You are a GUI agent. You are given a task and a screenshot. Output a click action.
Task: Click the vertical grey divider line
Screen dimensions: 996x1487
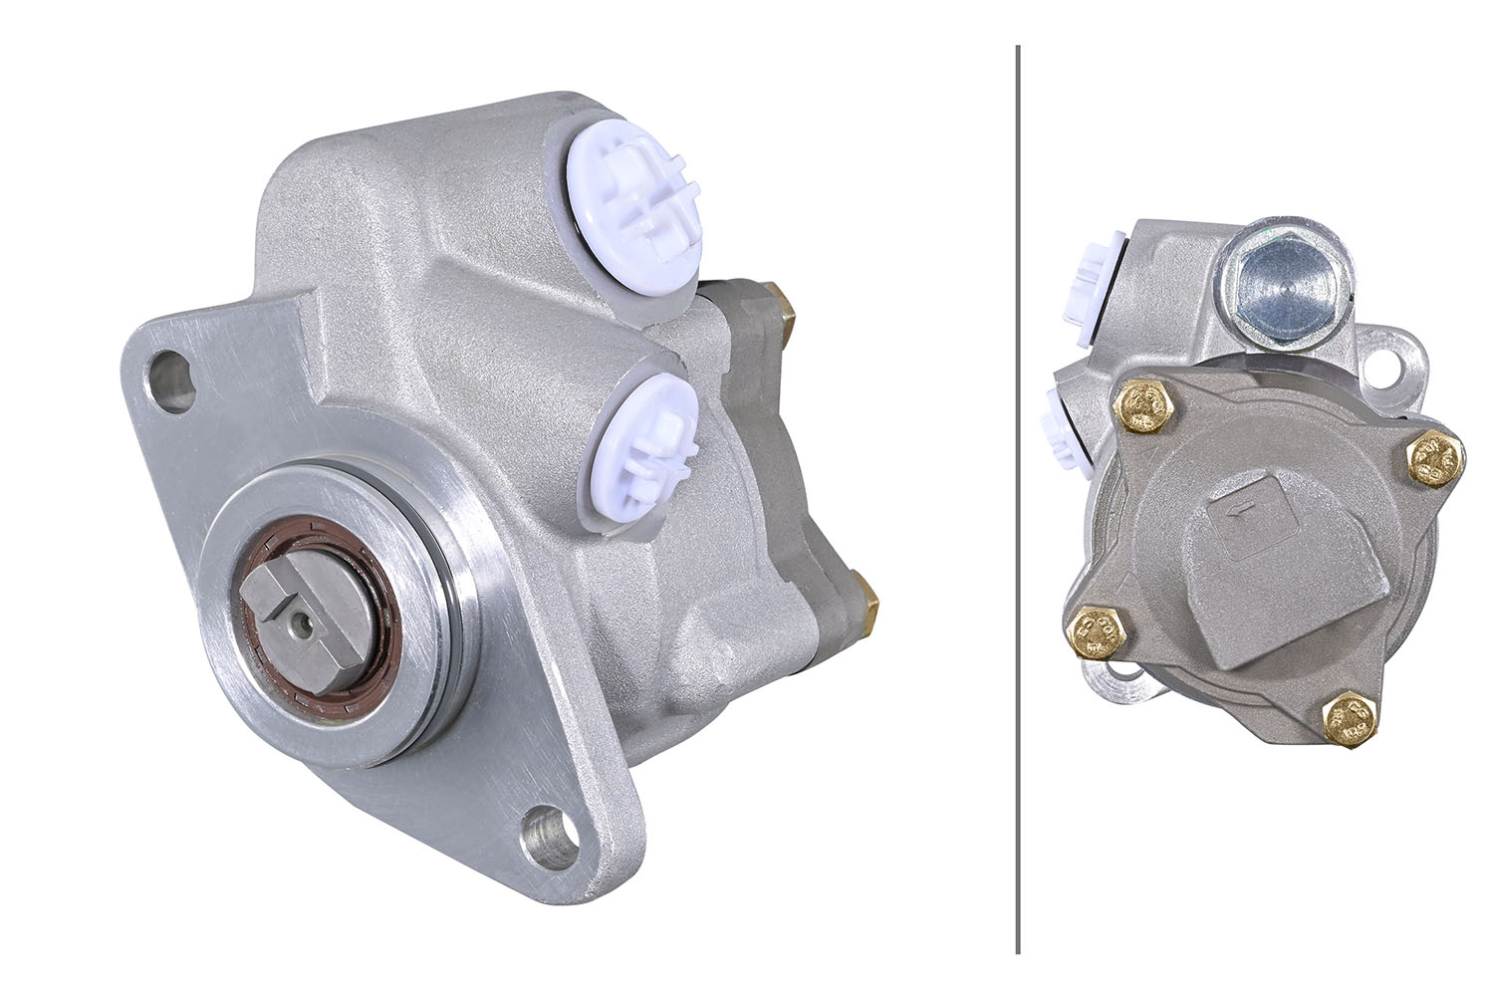click(1017, 498)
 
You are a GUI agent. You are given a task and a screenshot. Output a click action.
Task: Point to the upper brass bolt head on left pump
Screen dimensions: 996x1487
click(782, 308)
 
